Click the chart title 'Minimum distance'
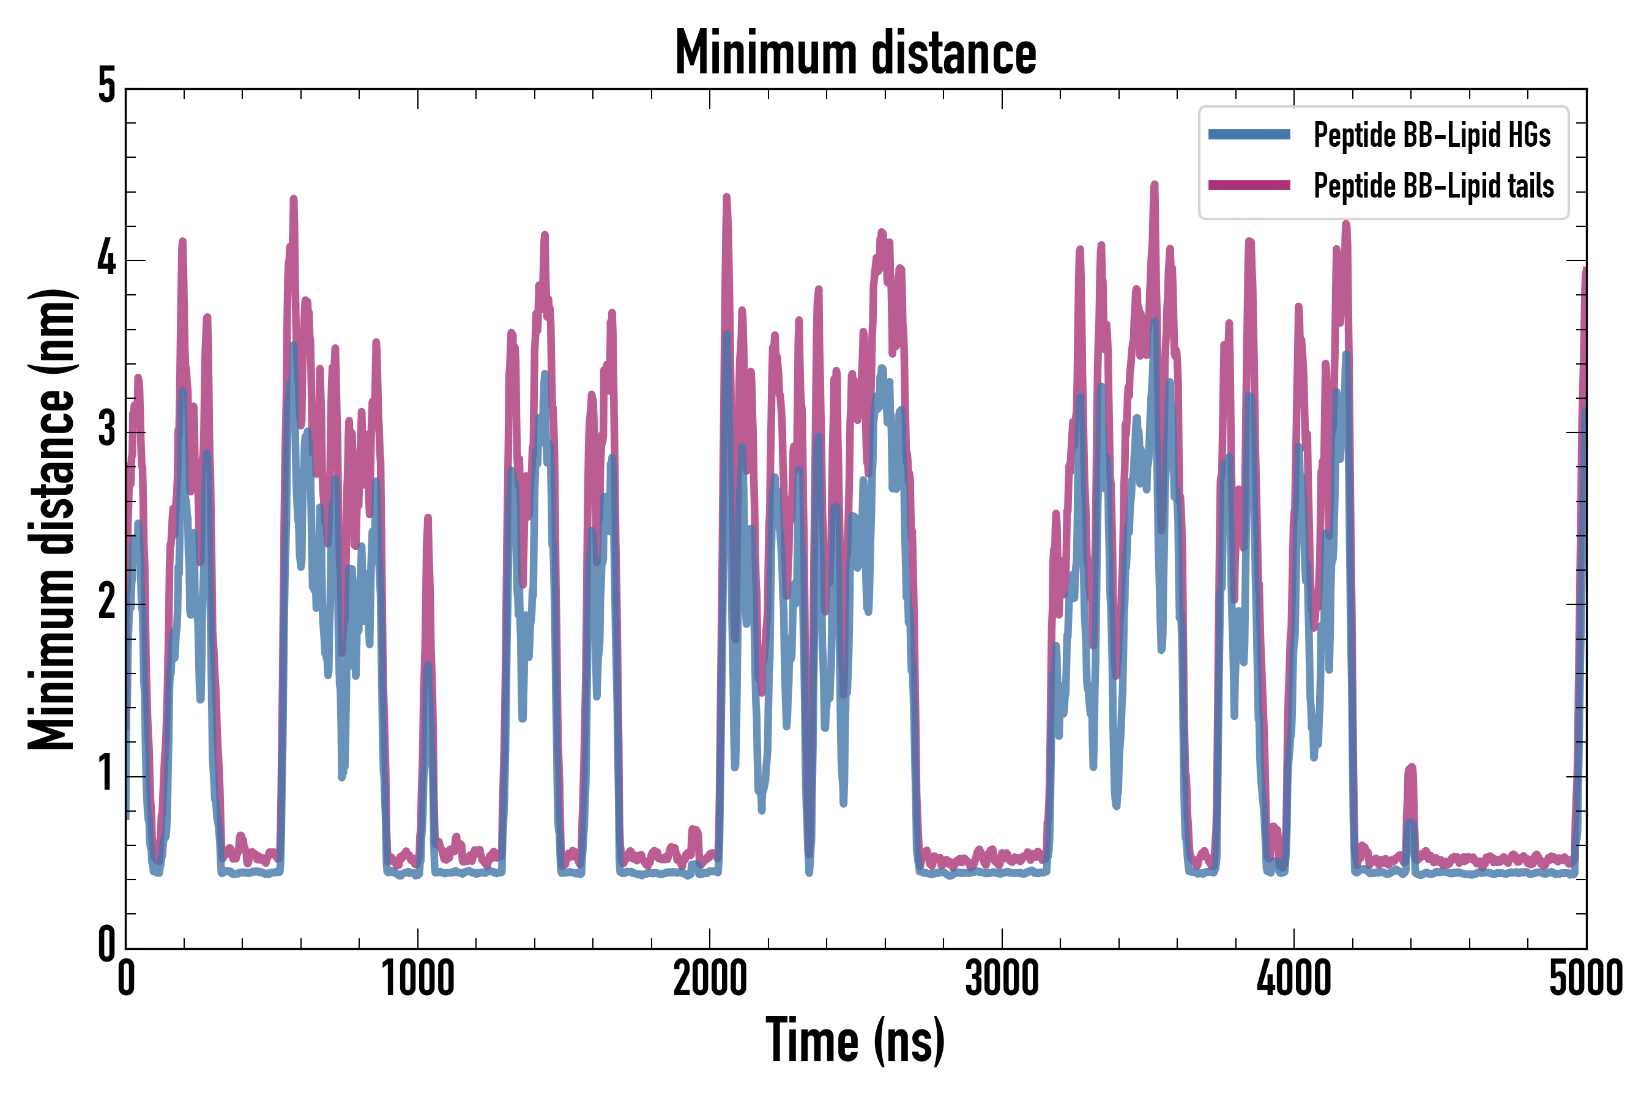click(x=855, y=53)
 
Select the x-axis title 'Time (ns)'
click(x=855, y=1040)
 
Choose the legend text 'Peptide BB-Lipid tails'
click(x=1434, y=186)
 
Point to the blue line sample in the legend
click(x=1249, y=135)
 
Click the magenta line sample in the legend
click(x=1249, y=185)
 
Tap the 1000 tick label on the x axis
click(x=418, y=978)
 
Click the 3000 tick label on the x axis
click(x=1002, y=978)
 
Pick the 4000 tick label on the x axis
click(x=1294, y=978)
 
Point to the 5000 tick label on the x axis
click(x=1585, y=978)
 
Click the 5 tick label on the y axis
click(x=106, y=87)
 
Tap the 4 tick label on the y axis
click(x=106, y=259)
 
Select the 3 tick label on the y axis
click(x=106, y=431)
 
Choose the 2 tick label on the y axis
click(x=106, y=602)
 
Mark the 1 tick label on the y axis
click(x=106, y=774)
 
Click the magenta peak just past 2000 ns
click(x=726, y=198)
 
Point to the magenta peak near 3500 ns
click(x=1154, y=185)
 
